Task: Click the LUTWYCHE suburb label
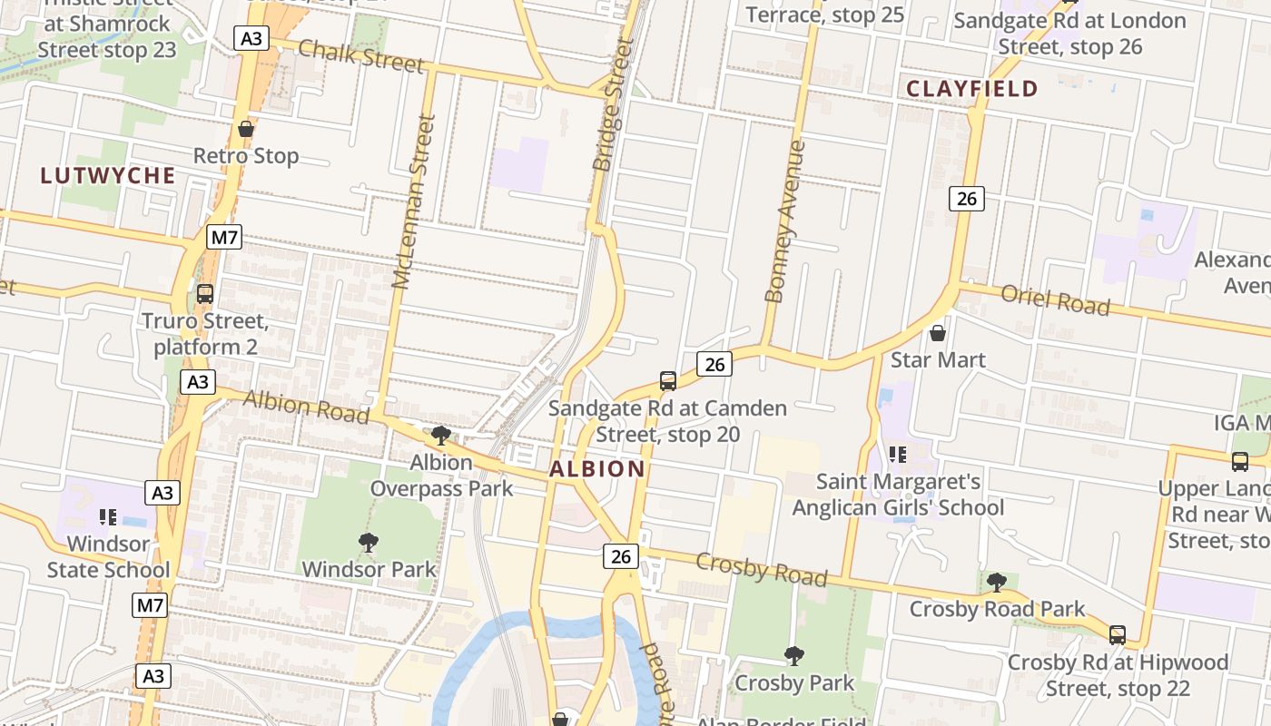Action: click(107, 176)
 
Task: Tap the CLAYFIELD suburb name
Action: click(972, 89)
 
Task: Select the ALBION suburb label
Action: click(597, 469)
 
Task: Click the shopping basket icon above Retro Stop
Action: click(245, 130)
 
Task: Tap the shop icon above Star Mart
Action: click(938, 333)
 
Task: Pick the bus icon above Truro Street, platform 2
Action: click(205, 294)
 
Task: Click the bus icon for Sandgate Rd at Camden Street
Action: click(668, 381)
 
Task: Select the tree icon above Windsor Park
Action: click(368, 543)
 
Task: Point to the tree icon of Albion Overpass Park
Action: click(441, 436)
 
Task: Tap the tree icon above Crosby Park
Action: click(794, 655)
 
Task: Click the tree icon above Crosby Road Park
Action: click(996, 582)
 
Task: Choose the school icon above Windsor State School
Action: click(108, 517)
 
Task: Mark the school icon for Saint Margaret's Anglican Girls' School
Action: click(898, 454)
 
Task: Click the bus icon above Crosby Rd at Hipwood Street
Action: click(1117, 635)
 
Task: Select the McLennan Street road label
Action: click(414, 201)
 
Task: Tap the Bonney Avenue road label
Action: click(786, 221)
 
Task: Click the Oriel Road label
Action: click(1055, 299)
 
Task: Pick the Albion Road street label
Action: click(306, 407)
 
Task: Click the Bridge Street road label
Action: click(613, 105)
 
